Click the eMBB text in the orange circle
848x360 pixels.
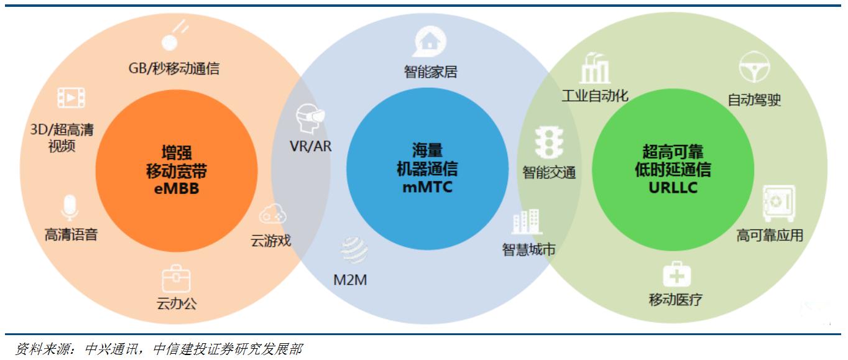(x=176, y=188)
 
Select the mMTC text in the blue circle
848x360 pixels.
(x=427, y=185)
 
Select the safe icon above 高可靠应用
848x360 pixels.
(x=778, y=203)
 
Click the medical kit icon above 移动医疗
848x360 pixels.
(x=676, y=274)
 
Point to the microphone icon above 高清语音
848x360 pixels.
(x=70, y=208)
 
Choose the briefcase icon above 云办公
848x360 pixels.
(x=176, y=279)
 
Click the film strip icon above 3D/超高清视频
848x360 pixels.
(x=71, y=98)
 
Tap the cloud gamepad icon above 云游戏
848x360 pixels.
(x=272, y=215)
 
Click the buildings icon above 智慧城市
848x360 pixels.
(x=527, y=223)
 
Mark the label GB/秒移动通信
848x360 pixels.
(x=174, y=68)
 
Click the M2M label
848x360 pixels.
(x=350, y=280)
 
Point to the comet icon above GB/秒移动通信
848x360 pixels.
(x=175, y=36)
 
